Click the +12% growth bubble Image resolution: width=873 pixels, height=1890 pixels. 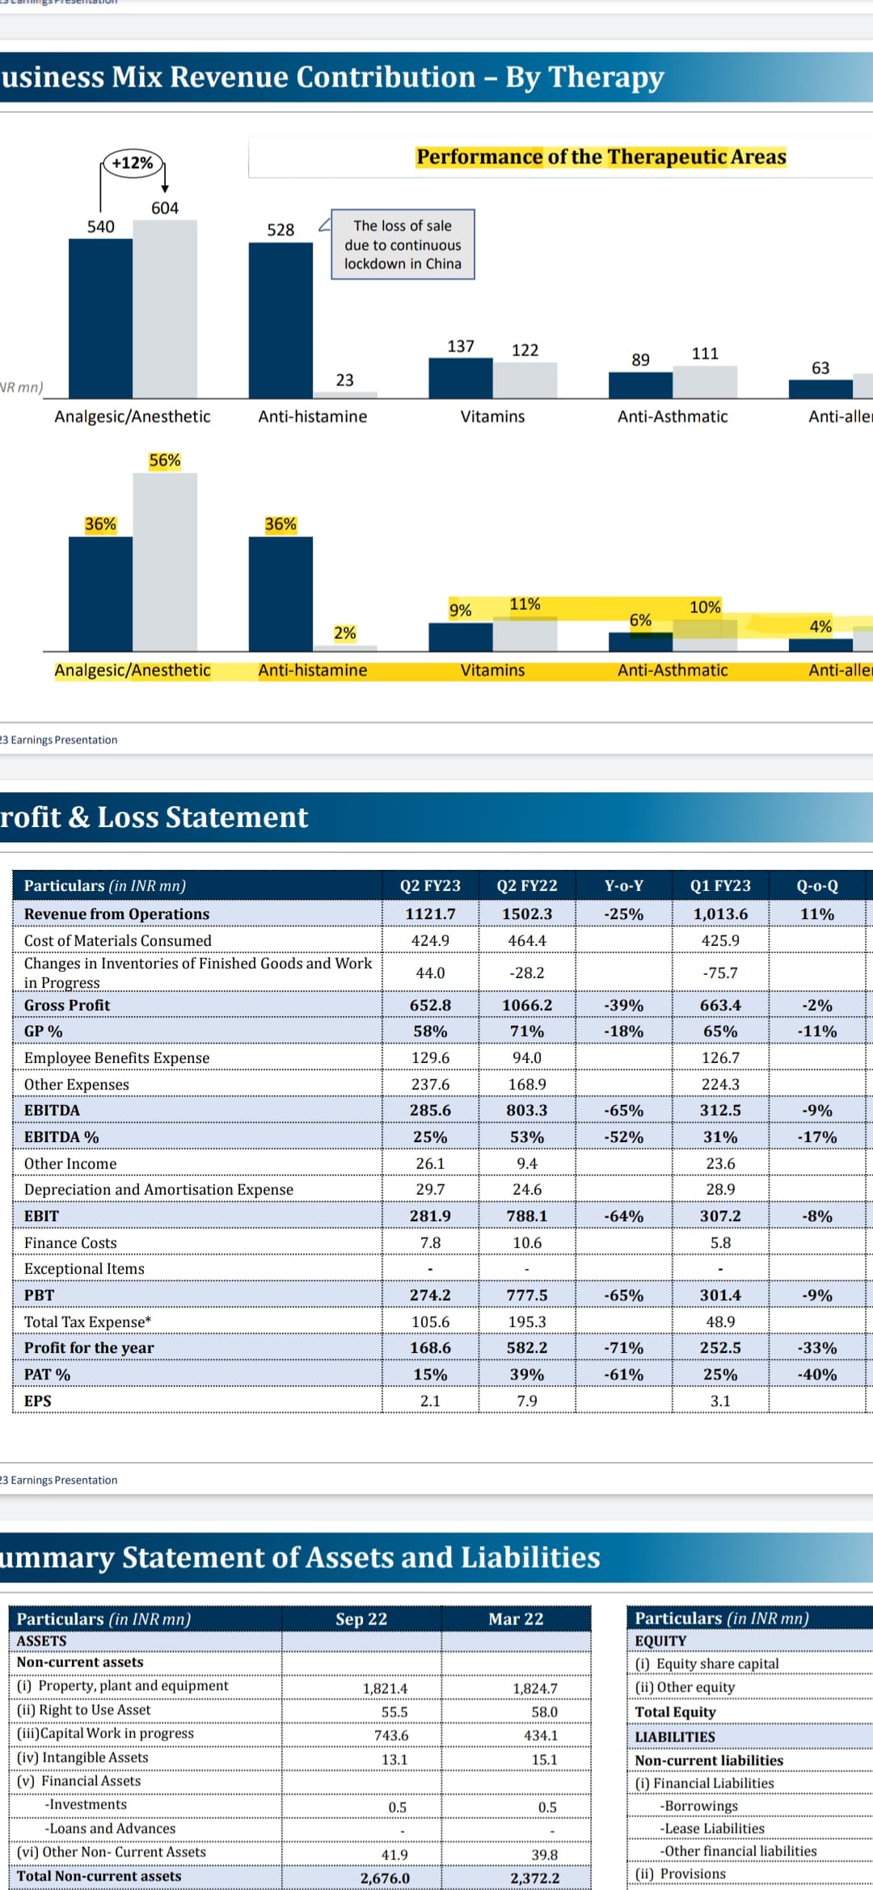[133, 163]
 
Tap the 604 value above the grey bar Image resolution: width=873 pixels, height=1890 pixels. [165, 208]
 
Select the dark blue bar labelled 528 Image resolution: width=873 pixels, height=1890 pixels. [280, 320]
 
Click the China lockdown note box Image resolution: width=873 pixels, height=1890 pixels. [403, 245]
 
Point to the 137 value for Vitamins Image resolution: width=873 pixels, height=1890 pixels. [461, 346]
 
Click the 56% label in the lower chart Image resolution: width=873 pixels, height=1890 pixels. [165, 460]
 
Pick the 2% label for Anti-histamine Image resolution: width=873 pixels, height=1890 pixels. [345, 633]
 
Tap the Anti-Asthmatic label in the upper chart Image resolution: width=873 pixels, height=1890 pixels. [673, 417]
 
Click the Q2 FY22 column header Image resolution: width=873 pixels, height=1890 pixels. [527, 886]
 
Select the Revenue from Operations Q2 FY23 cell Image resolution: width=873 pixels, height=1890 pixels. [430, 914]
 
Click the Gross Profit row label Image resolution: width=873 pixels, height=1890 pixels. [67, 1006]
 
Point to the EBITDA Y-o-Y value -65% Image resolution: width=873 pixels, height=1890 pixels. [624, 1111]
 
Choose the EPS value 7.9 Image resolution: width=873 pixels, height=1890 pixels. [527, 1401]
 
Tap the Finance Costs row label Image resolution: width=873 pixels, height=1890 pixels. [70, 1243]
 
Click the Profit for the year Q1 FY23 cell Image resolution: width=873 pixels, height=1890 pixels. [720, 1348]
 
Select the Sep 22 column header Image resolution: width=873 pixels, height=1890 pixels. [361, 1619]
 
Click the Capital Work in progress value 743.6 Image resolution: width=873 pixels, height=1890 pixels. [391, 1736]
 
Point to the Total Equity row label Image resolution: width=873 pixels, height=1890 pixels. [676, 1712]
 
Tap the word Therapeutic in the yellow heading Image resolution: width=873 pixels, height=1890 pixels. [659, 157]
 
